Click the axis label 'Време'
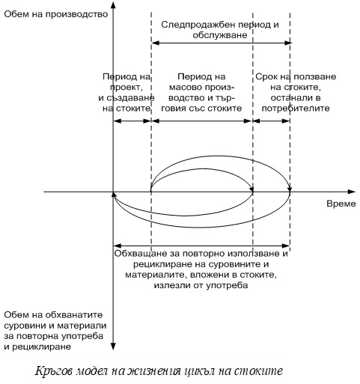point(341,204)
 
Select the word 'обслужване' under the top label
point(220,35)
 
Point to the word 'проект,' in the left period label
point(126,88)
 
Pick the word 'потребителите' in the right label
point(296,109)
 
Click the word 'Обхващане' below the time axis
point(141,254)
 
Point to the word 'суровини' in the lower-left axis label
point(25,326)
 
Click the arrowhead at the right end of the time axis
point(352,192)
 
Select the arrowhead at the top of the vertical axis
point(113,5)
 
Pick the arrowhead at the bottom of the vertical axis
point(113,347)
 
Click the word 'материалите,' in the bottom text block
point(156,275)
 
